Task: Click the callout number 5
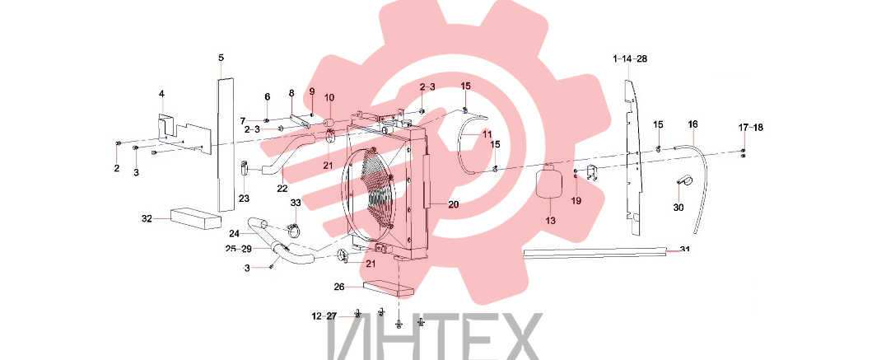click(221, 58)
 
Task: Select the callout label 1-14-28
click(630, 58)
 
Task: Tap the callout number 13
click(550, 220)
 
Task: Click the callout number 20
click(453, 205)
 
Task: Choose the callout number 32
click(147, 218)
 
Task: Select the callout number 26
click(339, 288)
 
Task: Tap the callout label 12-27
click(324, 316)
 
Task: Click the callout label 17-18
click(751, 128)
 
